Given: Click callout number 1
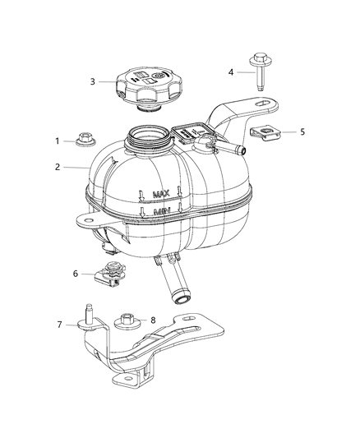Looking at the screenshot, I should coord(58,141).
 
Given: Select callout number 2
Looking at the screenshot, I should coord(58,167).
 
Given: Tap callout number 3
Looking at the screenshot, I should coord(93,81).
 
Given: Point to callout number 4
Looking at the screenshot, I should coord(231,72).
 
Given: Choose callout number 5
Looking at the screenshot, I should coord(302,131).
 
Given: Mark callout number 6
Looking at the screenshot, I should coord(76,274).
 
